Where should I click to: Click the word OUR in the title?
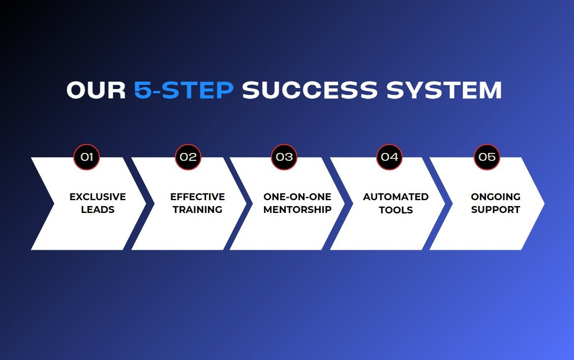pos(96,90)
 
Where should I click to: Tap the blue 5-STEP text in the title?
pos(184,90)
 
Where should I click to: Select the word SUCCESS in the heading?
pos(310,90)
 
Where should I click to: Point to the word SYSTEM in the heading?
pos(444,90)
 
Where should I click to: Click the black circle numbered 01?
pos(87,157)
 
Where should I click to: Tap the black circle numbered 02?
pos(188,157)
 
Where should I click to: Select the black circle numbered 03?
pos(284,157)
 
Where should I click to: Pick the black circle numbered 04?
pos(390,157)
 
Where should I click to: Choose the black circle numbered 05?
pos(487,157)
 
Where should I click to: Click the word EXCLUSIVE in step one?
pos(98,197)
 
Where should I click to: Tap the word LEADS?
pos(98,210)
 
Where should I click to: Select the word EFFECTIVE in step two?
pos(198,197)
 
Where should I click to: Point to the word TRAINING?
pos(198,210)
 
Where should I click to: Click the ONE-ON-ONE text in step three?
pos(297,197)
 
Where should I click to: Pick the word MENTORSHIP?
pos(297,210)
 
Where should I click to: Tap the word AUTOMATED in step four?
pos(396,197)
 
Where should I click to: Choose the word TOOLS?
pos(396,210)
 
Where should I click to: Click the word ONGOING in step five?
pos(496,197)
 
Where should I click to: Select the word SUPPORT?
pos(496,210)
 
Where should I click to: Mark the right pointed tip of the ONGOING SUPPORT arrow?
pos(544,204)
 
